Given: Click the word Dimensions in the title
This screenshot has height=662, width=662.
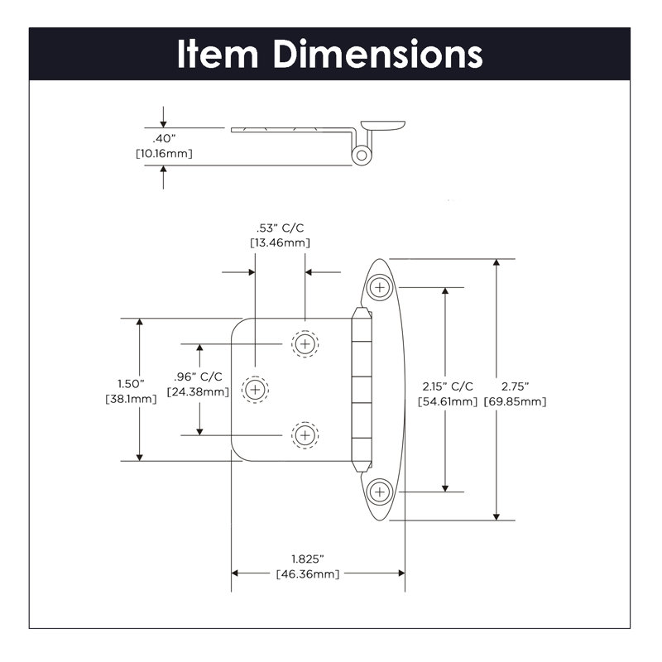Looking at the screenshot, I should (378, 55).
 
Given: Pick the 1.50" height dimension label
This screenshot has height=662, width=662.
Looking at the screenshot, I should (131, 384).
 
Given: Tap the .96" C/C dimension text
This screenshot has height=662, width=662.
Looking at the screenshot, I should (198, 377).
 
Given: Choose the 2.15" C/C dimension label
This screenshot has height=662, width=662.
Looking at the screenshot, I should (448, 386).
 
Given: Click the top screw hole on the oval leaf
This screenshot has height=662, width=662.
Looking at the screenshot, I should (380, 287).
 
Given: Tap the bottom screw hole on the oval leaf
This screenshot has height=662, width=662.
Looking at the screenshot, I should (380, 491).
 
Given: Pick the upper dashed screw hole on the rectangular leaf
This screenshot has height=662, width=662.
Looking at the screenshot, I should (305, 343).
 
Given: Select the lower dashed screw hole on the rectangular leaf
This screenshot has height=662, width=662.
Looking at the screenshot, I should (305, 434).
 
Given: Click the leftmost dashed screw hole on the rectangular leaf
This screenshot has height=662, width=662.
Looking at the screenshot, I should (255, 388).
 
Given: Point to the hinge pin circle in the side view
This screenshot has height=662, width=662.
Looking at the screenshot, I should (361, 154).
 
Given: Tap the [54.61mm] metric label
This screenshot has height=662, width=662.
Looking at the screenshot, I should (448, 401).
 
